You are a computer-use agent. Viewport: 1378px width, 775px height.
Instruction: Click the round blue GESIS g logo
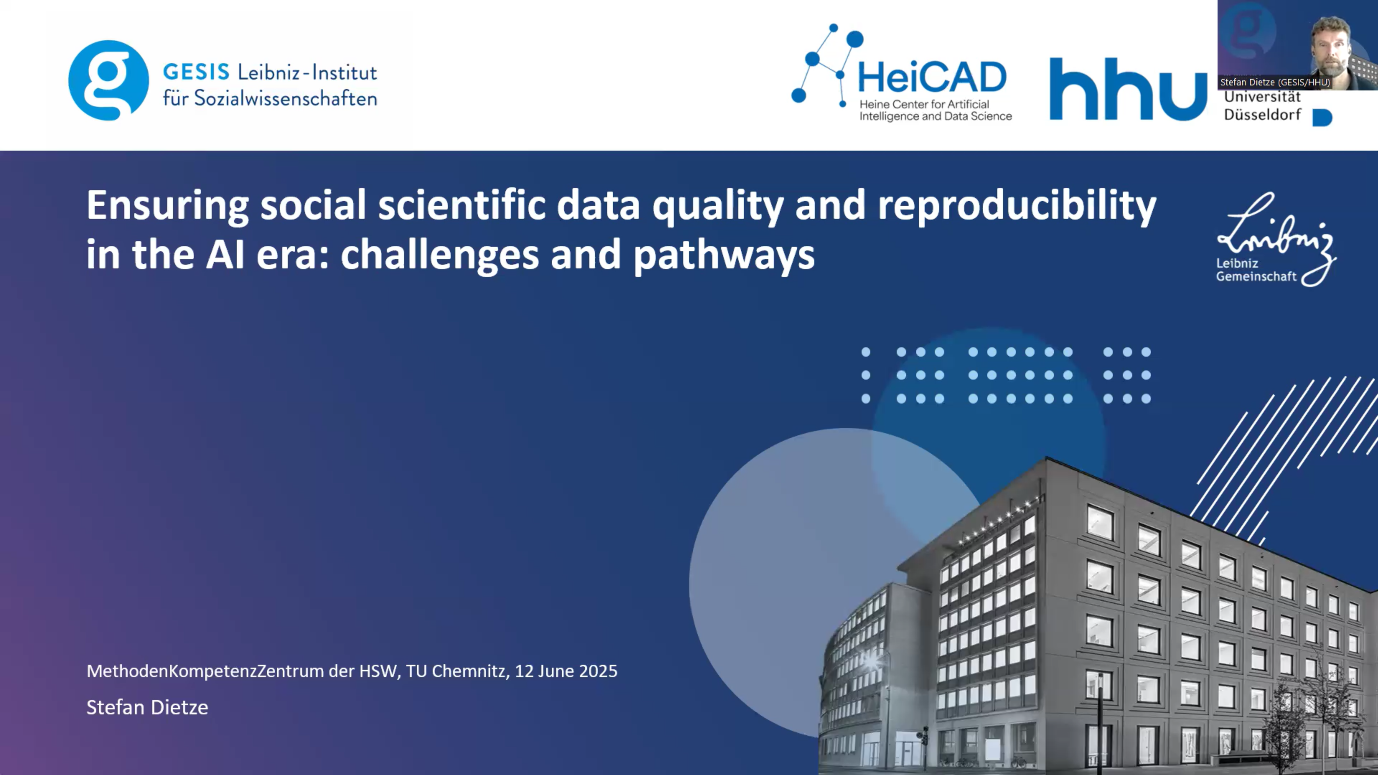click(x=109, y=80)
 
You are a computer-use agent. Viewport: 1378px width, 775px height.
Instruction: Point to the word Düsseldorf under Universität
click(x=1262, y=114)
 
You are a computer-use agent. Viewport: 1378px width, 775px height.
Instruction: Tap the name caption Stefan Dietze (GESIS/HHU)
click(x=1275, y=83)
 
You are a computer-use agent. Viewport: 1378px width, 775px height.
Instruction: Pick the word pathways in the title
click(x=724, y=255)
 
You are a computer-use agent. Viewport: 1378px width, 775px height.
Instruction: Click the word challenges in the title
click(x=440, y=255)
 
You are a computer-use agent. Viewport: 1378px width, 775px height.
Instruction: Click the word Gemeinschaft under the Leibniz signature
click(x=1256, y=277)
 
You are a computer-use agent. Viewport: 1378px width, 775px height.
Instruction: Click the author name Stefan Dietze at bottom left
click(x=147, y=707)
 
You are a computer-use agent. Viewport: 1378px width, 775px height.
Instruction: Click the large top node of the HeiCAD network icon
click(x=855, y=39)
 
